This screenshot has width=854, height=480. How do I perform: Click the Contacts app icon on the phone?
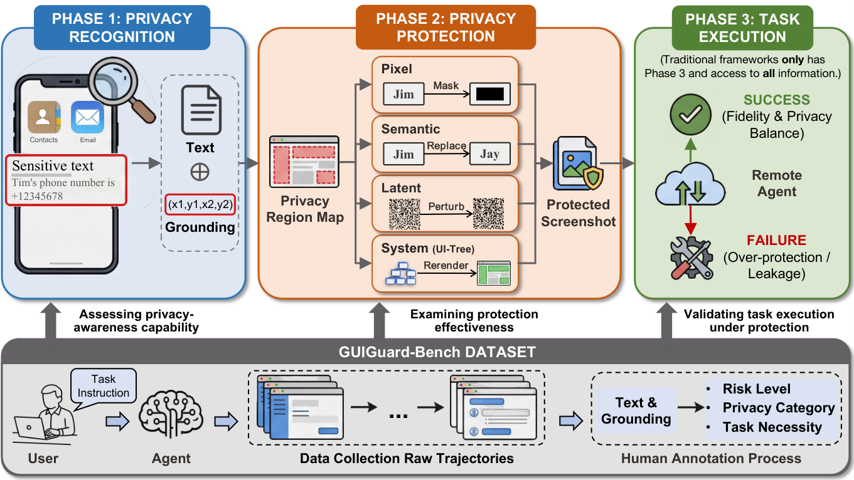pyautogui.click(x=44, y=118)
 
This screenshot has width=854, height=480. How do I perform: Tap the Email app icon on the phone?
pyautogui.click(x=87, y=118)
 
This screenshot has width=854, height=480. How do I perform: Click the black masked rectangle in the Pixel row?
pyautogui.click(x=490, y=95)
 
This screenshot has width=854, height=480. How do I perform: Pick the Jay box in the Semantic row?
pyautogui.click(x=489, y=154)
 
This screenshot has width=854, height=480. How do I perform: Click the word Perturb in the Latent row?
pyautogui.click(x=446, y=206)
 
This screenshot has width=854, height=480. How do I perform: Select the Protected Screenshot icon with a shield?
pyautogui.click(x=577, y=165)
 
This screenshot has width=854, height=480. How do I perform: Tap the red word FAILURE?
pyautogui.click(x=776, y=241)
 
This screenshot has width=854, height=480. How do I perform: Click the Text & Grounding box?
pyautogui.click(x=636, y=410)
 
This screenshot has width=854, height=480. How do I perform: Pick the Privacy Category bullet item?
pyautogui.click(x=778, y=408)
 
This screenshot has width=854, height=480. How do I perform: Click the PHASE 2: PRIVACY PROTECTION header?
pyautogui.click(x=446, y=27)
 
